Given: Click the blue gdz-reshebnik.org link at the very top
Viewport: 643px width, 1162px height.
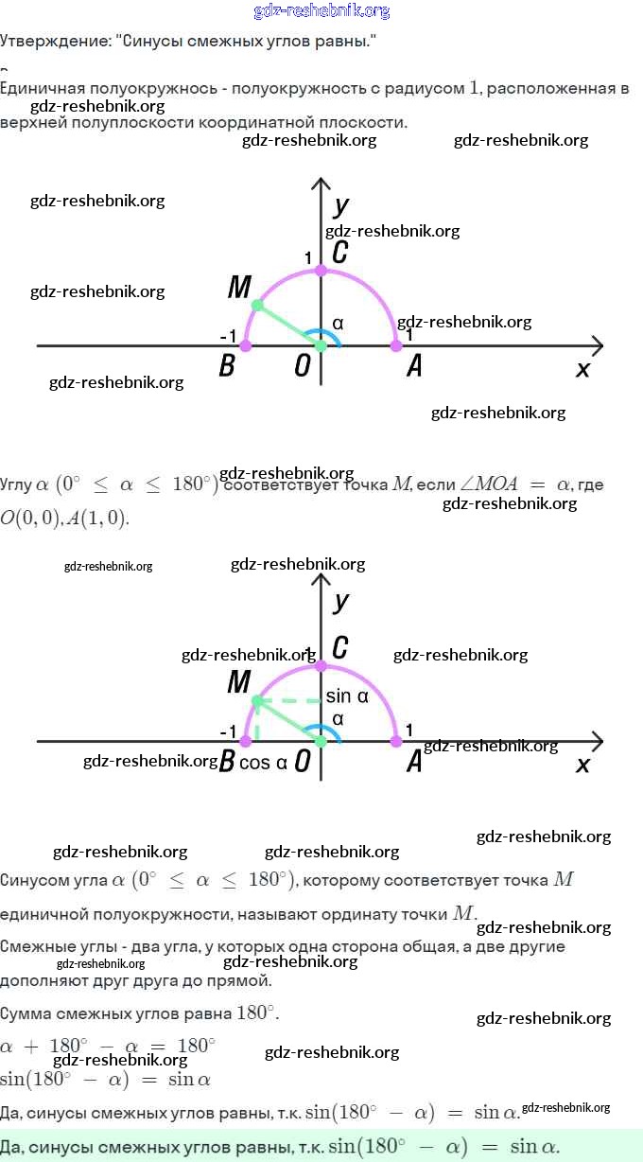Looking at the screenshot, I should click(321, 11).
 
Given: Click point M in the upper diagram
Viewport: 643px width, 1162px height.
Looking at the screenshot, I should click(257, 305).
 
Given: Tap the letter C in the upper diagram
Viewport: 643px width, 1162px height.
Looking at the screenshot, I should click(339, 253).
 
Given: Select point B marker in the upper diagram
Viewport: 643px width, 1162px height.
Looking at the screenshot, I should click(246, 346).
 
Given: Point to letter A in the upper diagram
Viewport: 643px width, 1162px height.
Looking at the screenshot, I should click(414, 367).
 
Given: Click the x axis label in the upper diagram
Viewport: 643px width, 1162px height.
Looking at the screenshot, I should click(582, 369).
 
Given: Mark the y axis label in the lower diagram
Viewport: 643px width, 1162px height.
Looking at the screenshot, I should click(341, 601).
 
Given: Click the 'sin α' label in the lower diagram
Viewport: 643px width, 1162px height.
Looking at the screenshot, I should click(346, 696).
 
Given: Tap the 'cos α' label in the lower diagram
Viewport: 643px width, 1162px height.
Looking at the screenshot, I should click(263, 763).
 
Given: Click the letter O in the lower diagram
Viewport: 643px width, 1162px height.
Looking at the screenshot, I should click(303, 762).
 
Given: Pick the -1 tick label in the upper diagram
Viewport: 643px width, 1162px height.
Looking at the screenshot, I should click(228, 337).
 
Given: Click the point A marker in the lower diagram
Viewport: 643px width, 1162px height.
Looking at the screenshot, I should click(396, 741).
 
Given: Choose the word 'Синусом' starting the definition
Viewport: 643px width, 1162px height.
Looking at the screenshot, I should click(32, 880).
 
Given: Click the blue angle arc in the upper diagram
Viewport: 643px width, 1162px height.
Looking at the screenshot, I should click(329, 336).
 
